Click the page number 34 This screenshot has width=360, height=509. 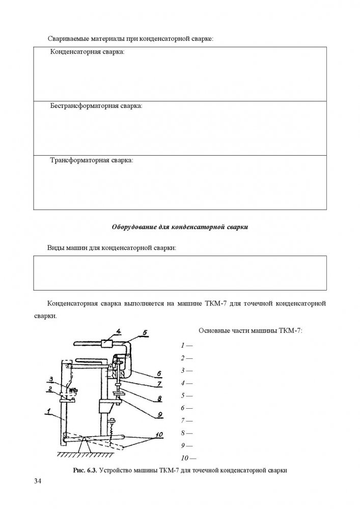(x=37, y=482)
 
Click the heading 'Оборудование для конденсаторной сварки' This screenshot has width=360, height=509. (x=180, y=227)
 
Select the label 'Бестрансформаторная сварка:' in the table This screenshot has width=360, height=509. (x=96, y=106)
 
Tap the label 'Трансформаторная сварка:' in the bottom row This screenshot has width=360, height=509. (x=91, y=160)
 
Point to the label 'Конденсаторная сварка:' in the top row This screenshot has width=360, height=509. (x=87, y=52)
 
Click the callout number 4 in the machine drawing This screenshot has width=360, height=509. (x=118, y=331)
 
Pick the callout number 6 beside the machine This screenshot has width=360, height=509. (x=159, y=373)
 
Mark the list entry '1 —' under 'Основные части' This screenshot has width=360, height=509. (x=186, y=345)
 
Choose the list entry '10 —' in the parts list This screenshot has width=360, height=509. (x=188, y=458)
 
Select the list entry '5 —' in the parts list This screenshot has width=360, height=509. (x=186, y=395)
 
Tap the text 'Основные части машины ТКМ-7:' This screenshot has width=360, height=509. (x=250, y=330)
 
